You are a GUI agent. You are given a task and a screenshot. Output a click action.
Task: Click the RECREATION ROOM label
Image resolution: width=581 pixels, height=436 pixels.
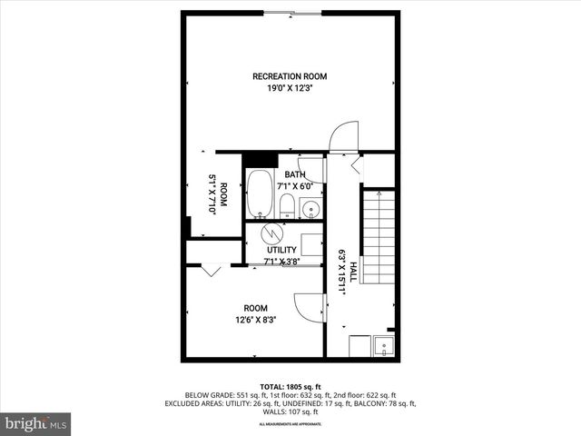[290, 76]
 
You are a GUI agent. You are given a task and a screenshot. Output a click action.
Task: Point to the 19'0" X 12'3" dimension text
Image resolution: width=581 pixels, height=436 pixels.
[290, 89]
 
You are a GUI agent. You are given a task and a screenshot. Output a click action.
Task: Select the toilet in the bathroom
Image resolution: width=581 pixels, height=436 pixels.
[286, 206]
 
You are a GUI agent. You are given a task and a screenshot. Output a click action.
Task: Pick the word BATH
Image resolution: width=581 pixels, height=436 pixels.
[295, 174]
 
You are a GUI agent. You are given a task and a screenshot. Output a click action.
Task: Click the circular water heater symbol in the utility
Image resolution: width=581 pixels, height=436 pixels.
[272, 234]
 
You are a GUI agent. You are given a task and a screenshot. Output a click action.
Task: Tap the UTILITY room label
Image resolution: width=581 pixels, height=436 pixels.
[281, 250]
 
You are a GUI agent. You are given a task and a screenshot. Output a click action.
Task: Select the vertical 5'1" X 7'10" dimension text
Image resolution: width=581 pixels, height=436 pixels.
[212, 193]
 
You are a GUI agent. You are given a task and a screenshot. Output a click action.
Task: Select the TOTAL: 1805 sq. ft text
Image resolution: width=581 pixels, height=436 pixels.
[290, 386]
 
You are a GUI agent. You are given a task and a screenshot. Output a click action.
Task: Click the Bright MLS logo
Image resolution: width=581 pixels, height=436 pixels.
[36, 423]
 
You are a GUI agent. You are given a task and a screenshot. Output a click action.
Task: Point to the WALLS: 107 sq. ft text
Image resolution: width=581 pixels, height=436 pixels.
[290, 411]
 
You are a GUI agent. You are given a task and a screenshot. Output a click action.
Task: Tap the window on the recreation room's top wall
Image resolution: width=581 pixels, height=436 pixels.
[290, 13]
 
